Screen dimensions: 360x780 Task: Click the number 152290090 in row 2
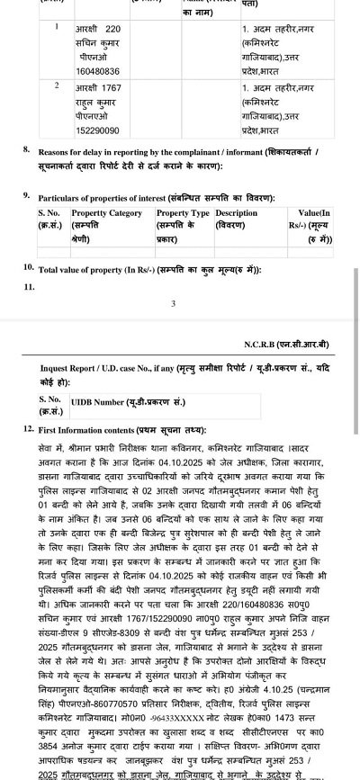[x=97, y=130]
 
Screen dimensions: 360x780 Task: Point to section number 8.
[x=28, y=150]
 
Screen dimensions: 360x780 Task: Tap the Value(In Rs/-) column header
[x=314, y=213]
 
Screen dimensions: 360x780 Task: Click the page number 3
[x=174, y=304]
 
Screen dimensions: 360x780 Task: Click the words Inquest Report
[x=71, y=369]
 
